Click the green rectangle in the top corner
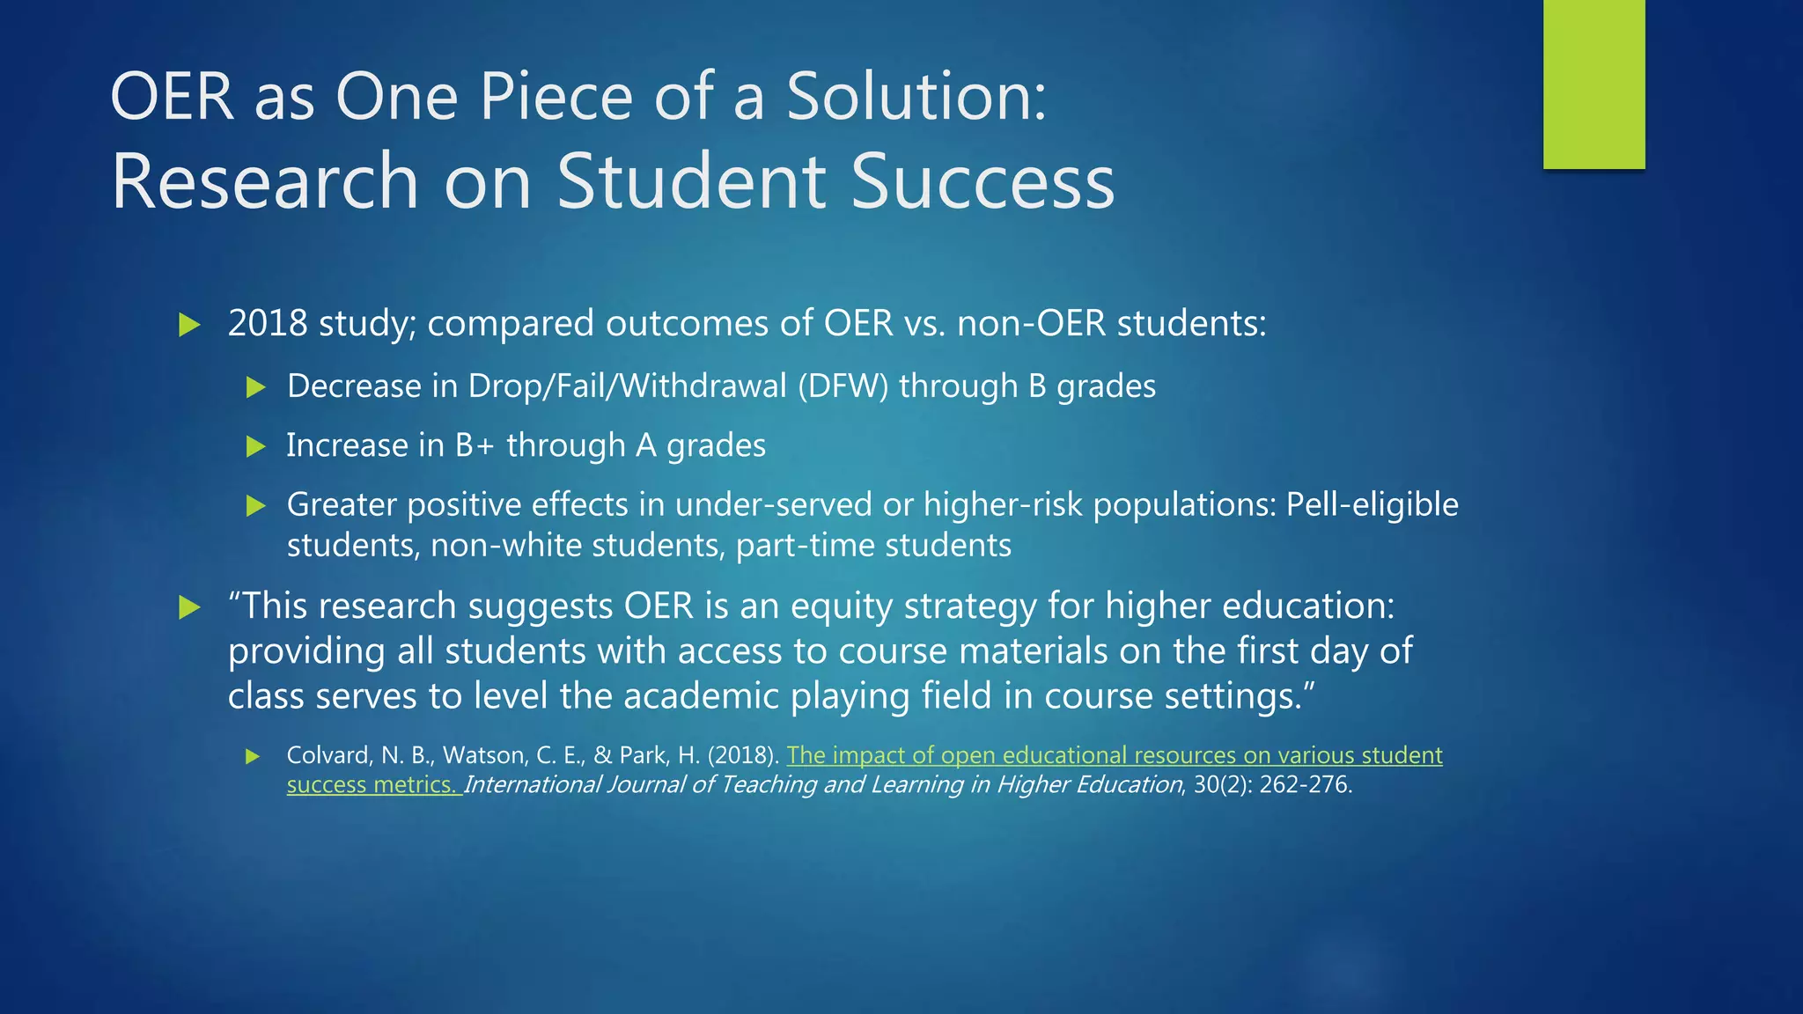1593,84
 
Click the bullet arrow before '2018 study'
189,325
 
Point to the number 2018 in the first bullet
268,324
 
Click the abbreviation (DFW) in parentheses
843,386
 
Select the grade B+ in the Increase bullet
475,445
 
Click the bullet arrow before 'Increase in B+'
255,446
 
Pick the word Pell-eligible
1372,504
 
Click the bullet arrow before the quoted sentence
189,607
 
